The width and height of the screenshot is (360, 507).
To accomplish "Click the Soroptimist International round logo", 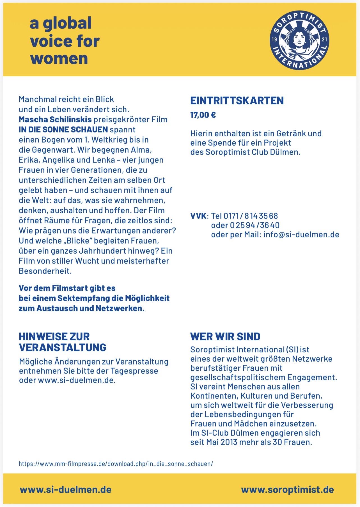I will pos(299,40).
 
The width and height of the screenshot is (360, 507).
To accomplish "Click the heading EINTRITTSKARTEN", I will pos(237,101).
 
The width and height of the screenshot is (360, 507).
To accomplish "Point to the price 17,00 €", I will pos(203,115).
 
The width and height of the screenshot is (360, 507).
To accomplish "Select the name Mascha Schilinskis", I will pos(55,120).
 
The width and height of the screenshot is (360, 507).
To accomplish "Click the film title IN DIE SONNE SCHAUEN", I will pos(63,130).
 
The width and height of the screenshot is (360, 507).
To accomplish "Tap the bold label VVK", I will pos(198,216).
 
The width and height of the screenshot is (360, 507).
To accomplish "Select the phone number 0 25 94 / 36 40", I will pos(255,225).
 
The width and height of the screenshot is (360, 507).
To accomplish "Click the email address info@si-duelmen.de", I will pos(301,235).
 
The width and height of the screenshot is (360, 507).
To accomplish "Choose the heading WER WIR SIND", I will pos(225,336).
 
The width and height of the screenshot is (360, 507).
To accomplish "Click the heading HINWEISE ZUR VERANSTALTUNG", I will pos(62,342).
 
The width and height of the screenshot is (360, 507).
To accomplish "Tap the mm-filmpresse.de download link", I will pos(116,464).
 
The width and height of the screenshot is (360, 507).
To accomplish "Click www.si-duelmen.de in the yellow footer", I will pos(65,490).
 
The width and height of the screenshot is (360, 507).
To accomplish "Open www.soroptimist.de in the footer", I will pos(287,490).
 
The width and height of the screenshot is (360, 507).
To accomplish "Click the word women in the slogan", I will pos(59,59).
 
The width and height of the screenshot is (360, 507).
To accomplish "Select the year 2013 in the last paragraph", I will pos(229,442).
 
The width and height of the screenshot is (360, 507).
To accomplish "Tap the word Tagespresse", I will pos(134,371).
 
